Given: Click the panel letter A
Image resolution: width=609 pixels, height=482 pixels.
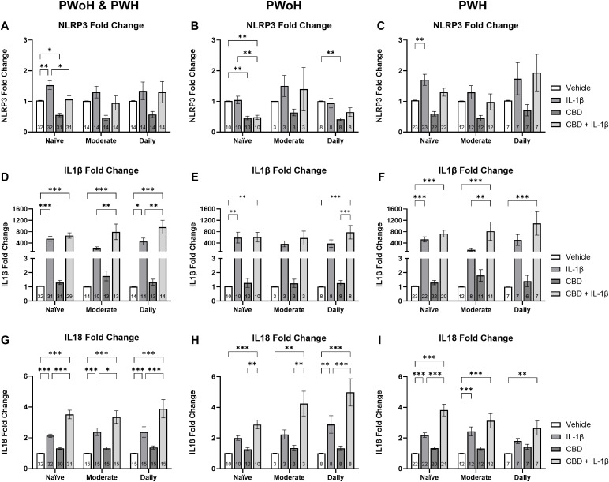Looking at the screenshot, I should click(6, 26).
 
